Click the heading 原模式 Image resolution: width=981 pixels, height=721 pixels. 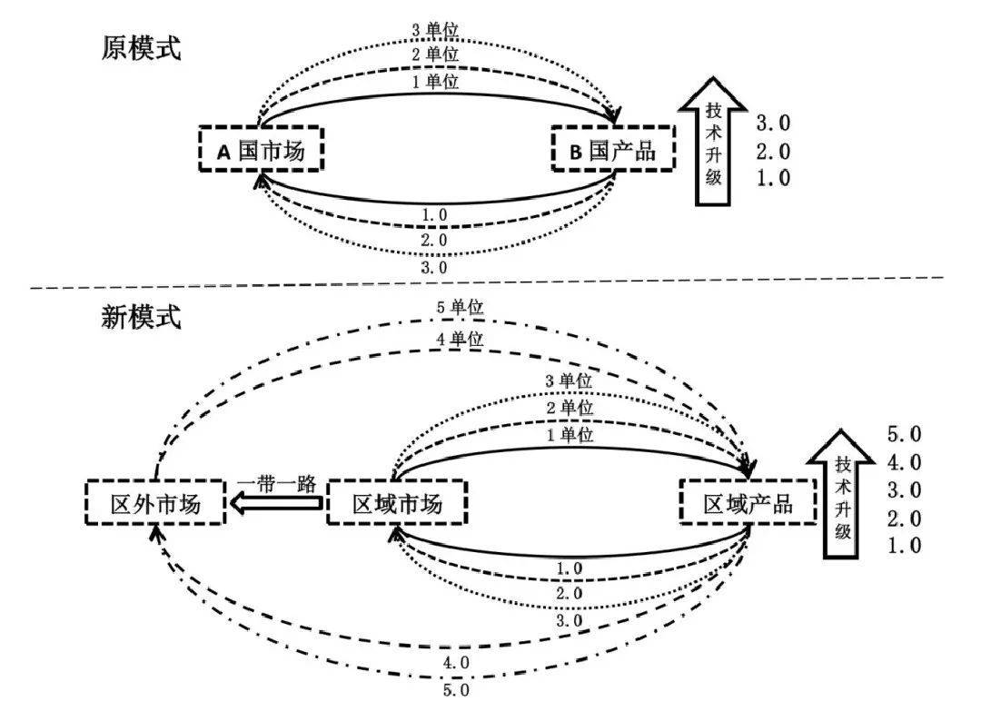142,47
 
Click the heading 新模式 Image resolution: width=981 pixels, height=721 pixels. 142,316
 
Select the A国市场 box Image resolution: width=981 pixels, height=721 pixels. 261,149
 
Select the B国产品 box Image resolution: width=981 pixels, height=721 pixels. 613,149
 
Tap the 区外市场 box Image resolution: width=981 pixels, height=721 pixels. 155,503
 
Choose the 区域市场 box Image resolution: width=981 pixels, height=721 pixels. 397,503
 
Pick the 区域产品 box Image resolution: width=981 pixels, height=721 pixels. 748,503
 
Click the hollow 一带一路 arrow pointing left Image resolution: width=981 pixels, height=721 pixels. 276,503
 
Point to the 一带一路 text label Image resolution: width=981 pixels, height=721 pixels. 276,483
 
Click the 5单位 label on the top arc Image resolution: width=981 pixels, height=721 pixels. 460,307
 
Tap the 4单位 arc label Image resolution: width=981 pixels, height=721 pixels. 460,339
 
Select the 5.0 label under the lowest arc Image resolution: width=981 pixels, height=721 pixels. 456,690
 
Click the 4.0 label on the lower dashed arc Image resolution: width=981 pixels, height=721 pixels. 456,662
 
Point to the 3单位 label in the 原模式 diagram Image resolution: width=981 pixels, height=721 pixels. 435,29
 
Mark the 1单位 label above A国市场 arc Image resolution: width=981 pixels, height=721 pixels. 435,82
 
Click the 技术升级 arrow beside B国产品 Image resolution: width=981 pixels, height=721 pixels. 713,142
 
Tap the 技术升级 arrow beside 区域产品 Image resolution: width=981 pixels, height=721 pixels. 841,494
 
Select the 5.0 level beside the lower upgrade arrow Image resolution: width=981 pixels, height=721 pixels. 904,434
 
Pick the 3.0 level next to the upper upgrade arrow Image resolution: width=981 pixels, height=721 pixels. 773,123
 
